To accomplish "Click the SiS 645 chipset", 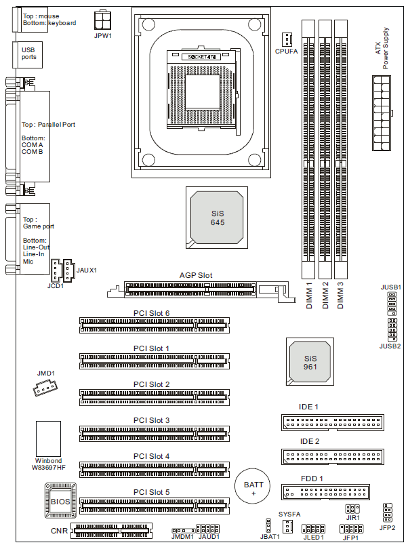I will [x=217, y=217].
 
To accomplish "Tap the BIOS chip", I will [x=60, y=502].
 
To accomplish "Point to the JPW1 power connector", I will [x=103, y=18].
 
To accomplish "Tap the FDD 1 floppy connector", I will [x=326, y=492].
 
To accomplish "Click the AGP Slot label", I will [x=196, y=275].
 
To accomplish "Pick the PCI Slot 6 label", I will [x=152, y=312].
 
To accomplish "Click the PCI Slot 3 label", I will [x=152, y=420].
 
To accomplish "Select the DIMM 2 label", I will [x=325, y=296].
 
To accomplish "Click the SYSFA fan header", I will [x=287, y=527].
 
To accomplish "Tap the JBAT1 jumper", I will [x=268, y=525].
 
